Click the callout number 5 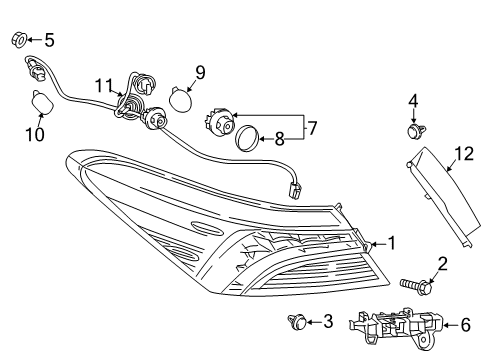click(x=49, y=40)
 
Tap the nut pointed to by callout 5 click(x=19, y=40)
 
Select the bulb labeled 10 click(x=42, y=102)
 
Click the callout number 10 click(x=35, y=135)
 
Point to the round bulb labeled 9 click(x=181, y=99)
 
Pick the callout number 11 click(x=104, y=86)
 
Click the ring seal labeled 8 click(x=247, y=138)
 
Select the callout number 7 click(x=312, y=128)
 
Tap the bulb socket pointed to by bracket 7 click(x=219, y=122)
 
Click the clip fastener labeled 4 click(x=415, y=130)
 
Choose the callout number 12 click(x=464, y=154)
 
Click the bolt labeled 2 click(x=417, y=286)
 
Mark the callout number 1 click(x=392, y=243)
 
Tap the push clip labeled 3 click(x=297, y=321)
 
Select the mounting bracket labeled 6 click(x=396, y=328)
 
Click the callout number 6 click(x=466, y=325)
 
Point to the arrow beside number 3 click(x=314, y=322)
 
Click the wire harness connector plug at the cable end click(x=295, y=190)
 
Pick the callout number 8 click(x=279, y=139)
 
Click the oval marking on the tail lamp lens click(x=207, y=228)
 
